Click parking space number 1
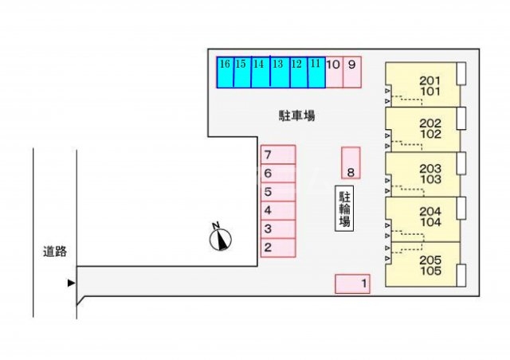click(352, 284)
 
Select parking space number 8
click(350, 162)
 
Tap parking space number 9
click(352, 71)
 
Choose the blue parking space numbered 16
click(225, 71)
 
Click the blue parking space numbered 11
click(316, 71)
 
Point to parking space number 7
click(278, 155)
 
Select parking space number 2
click(278, 248)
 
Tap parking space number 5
click(278, 192)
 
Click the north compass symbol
click(220, 238)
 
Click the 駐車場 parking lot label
click(296, 116)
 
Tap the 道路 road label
click(55, 252)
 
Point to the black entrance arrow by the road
click(71, 283)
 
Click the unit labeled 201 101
click(422, 85)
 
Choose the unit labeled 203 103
click(422, 174)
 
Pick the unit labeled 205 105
click(422, 264)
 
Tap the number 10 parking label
click(333, 64)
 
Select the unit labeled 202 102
click(422, 130)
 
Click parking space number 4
click(278, 210)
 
